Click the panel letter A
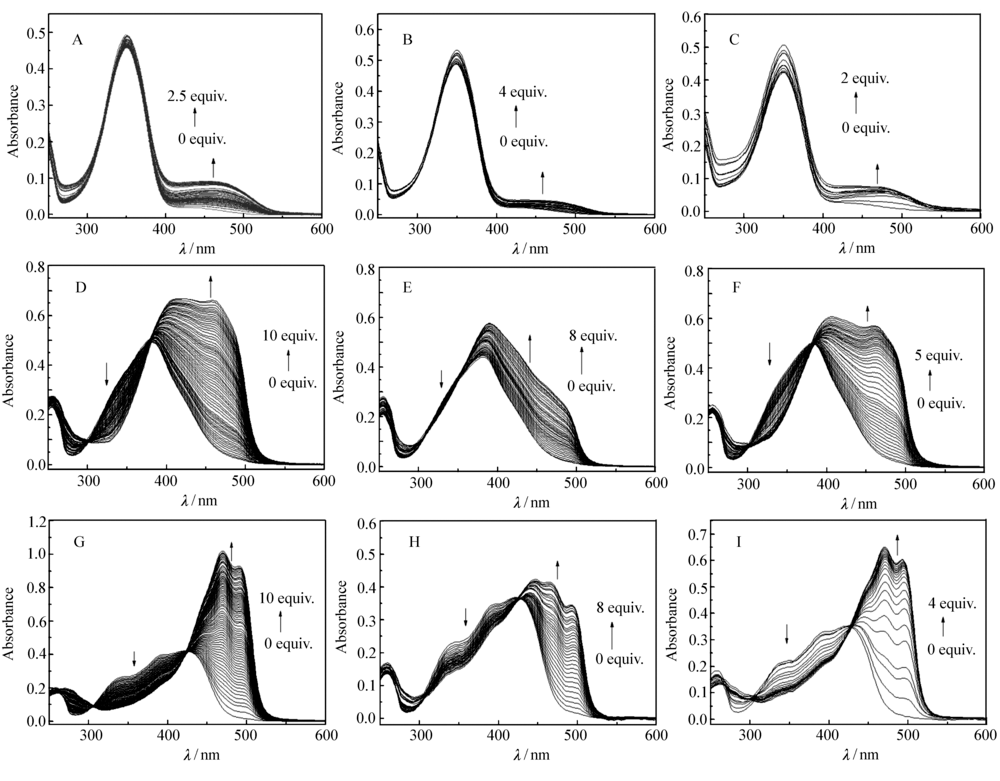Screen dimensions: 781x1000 coord(76,41)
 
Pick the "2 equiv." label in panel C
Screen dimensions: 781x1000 coord(865,78)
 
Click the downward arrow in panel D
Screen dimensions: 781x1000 coord(107,373)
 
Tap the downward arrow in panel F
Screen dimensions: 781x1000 coord(769,353)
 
